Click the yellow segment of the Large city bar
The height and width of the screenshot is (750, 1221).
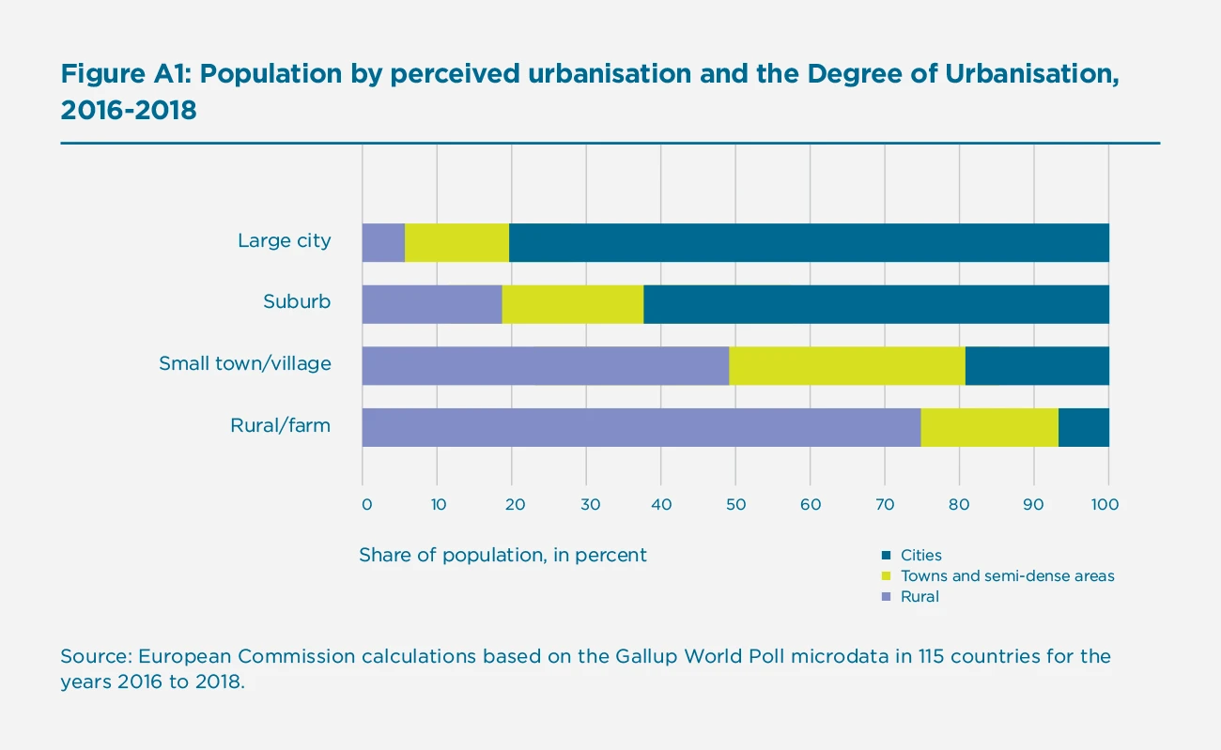(456, 242)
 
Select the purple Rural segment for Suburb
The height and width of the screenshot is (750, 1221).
(432, 304)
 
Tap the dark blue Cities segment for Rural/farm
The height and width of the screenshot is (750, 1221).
(1083, 427)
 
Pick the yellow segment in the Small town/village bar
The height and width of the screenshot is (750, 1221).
(846, 365)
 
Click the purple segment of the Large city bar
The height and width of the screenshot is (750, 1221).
(383, 242)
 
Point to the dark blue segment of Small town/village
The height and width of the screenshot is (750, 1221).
(1036, 365)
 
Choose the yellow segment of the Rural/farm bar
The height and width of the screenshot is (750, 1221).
(989, 427)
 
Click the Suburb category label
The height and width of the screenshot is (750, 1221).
(297, 302)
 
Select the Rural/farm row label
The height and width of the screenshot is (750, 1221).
(281, 425)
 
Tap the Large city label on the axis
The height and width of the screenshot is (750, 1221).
(284, 240)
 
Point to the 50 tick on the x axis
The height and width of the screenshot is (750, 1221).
(735, 505)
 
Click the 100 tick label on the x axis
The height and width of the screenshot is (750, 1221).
(1105, 505)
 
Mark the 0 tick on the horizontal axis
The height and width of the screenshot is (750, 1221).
(366, 505)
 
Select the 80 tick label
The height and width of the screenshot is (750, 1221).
(959, 505)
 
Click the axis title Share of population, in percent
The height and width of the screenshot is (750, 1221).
(502, 555)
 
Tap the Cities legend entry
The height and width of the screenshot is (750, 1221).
(920, 556)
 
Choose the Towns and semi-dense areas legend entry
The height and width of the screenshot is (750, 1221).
(1007, 576)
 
